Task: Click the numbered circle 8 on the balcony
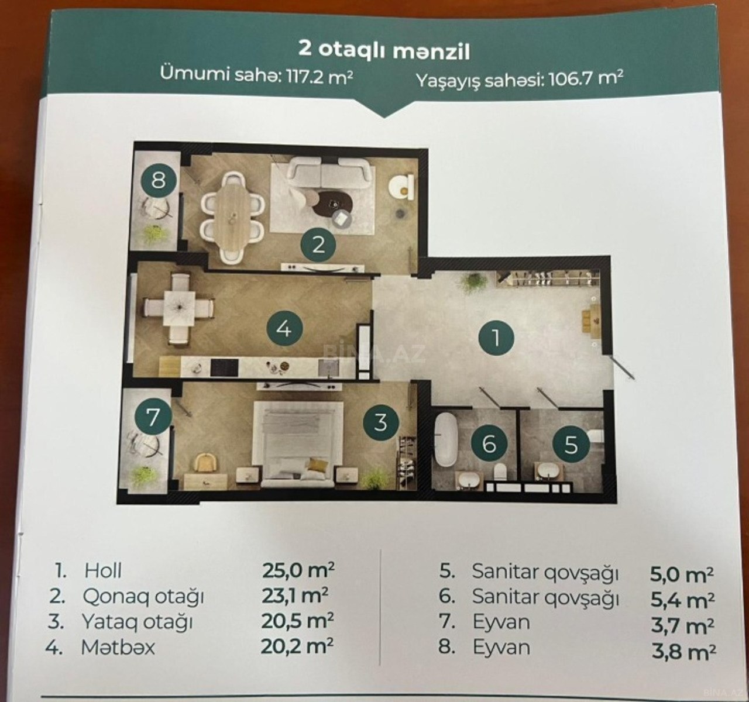point(159,180)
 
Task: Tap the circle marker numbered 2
point(318,246)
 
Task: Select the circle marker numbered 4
point(285,330)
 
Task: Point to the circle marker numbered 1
point(496,338)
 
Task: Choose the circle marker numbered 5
point(571,445)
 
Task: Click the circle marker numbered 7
point(153,418)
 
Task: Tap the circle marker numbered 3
point(380,422)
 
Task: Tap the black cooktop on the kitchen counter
point(224,367)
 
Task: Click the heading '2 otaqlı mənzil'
point(384,50)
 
